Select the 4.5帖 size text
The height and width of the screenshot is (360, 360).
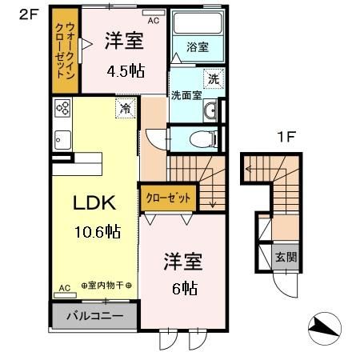point(126,70)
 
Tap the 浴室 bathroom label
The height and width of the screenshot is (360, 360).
point(198,46)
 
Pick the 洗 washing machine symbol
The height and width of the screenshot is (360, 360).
point(213,78)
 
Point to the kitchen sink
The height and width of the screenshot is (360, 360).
point(62,141)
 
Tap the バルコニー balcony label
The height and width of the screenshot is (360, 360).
point(94,315)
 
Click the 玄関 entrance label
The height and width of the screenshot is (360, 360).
point(286,258)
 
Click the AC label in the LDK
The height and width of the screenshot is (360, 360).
point(64,287)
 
